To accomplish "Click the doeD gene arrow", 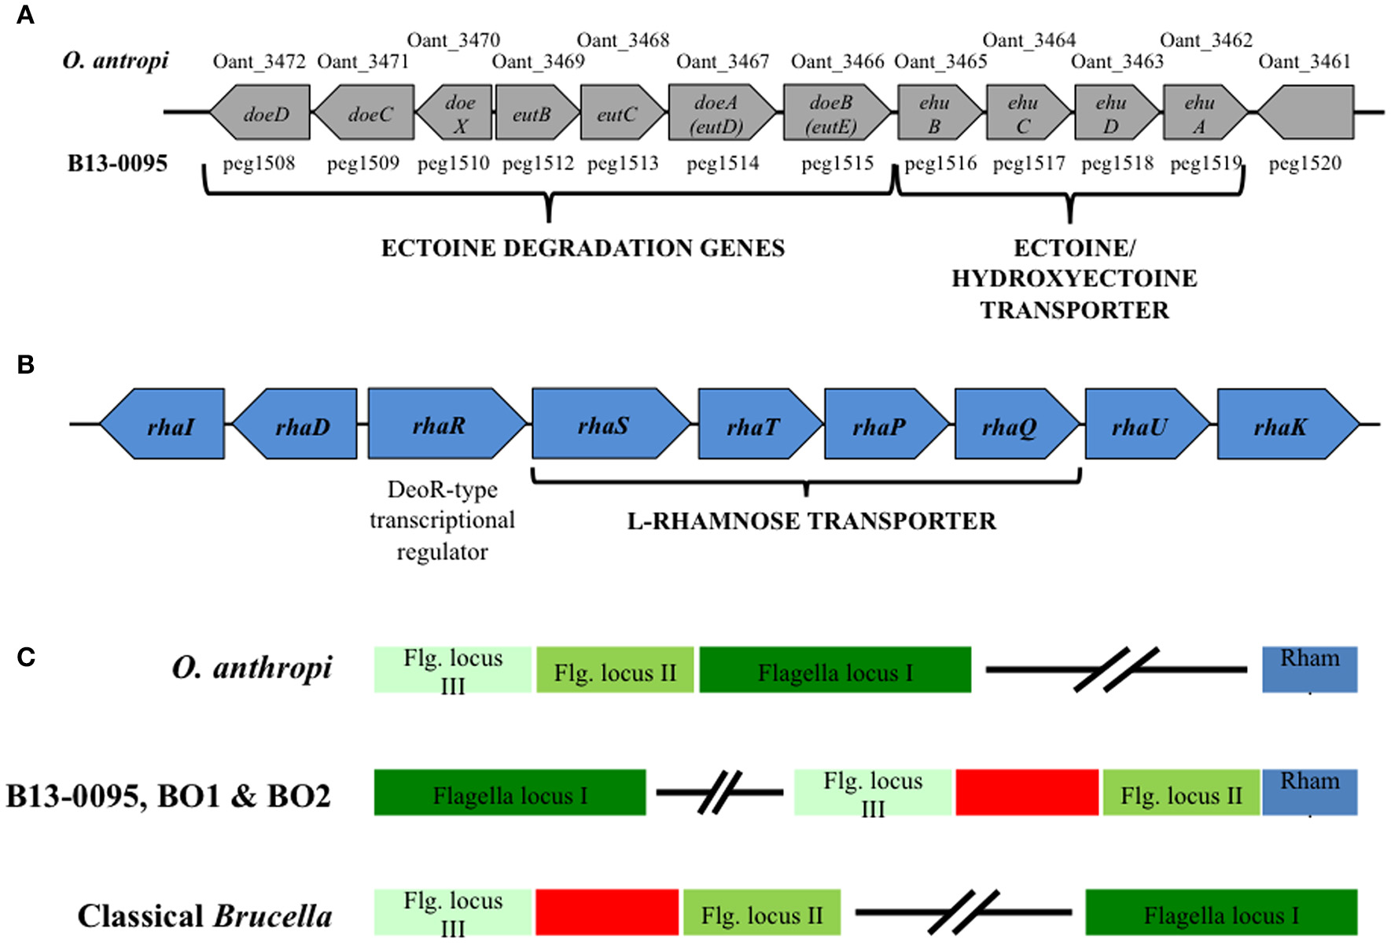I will coord(261,113).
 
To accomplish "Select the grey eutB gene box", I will coord(532,113).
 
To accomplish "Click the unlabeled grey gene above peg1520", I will coord(1305,113).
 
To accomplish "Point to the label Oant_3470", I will coord(454,39).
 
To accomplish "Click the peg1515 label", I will coord(837,163).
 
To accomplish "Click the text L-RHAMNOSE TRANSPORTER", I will coord(811,521).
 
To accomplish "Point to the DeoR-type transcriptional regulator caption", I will coord(442,520).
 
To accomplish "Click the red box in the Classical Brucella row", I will coord(606,912).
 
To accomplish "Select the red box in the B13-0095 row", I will coord(1026,792).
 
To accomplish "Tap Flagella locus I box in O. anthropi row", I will coord(835,670).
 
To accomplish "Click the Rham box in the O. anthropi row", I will coord(1309,669).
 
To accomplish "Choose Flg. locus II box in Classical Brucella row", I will coord(761,912).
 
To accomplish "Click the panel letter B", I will coord(25,364).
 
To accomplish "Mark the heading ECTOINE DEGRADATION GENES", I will coord(583,248).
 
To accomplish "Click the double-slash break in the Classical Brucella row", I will coord(962,912).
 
